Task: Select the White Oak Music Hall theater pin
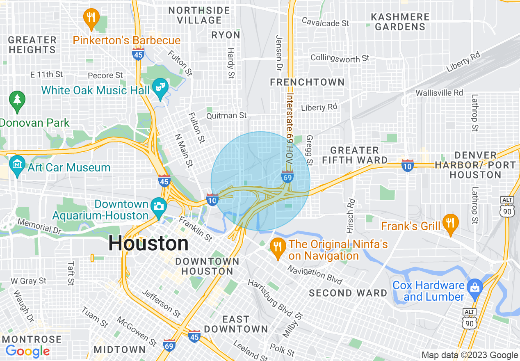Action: pyautogui.click(x=160, y=88)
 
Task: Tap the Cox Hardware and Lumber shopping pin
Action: pyautogui.click(x=475, y=288)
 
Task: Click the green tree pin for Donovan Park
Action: pyautogui.click(x=17, y=100)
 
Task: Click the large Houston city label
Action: pyautogui.click(x=148, y=244)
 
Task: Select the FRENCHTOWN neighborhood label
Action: pyautogui.click(x=307, y=82)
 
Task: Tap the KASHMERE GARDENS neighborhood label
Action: pyautogui.click(x=400, y=22)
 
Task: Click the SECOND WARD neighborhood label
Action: pyautogui.click(x=348, y=293)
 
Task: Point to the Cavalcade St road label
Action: pyautogui.click(x=326, y=22)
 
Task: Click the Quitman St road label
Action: pyautogui.click(x=227, y=116)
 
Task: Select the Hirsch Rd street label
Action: pyautogui.click(x=351, y=215)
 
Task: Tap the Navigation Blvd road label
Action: pyautogui.click(x=315, y=275)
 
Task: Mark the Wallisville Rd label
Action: pyautogui.click(x=439, y=93)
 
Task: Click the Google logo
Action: pyautogui.click(x=27, y=351)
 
